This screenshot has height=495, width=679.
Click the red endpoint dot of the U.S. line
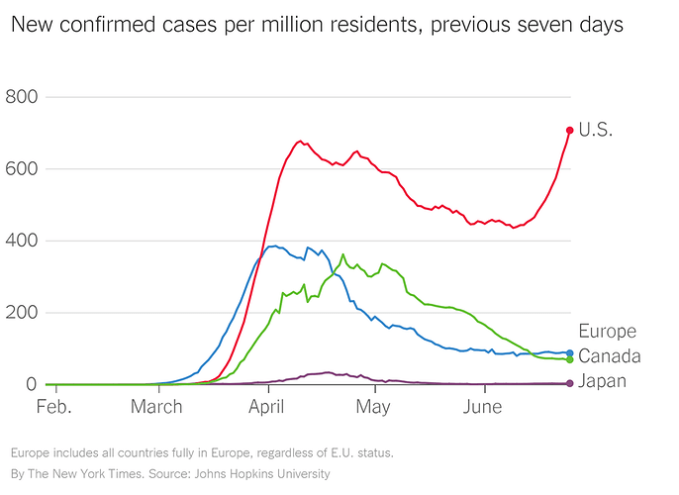click(x=570, y=130)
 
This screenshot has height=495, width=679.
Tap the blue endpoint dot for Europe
click(x=570, y=353)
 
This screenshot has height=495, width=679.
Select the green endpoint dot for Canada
click(x=570, y=359)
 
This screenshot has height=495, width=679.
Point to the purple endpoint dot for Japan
click(x=570, y=383)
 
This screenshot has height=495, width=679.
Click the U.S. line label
click(x=596, y=130)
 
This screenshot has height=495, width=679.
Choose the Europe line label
click(x=607, y=332)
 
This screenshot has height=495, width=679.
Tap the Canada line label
click(x=610, y=356)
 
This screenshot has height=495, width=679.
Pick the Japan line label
click(x=603, y=381)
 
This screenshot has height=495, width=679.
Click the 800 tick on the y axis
click(x=22, y=97)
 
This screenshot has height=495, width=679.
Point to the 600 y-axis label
click(x=22, y=168)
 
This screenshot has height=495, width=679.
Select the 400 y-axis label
click(x=22, y=241)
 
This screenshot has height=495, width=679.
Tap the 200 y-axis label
click(x=22, y=312)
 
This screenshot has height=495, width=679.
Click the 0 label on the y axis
click(x=32, y=384)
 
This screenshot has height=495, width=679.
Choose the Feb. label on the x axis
click(x=53, y=407)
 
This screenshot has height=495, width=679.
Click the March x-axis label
click(x=156, y=407)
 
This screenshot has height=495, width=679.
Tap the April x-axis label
click(x=266, y=408)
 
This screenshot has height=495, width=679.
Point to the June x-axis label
click(x=482, y=407)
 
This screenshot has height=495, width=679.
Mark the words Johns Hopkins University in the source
click(x=262, y=474)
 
